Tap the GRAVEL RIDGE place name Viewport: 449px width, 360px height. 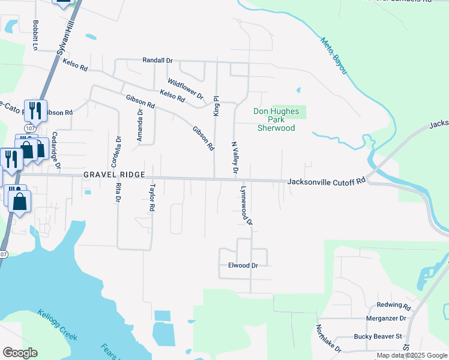(114, 174)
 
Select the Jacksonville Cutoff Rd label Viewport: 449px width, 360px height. (327, 181)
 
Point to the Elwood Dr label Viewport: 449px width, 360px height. (243, 265)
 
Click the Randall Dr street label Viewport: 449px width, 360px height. (157, 61)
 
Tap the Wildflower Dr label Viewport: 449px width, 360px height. (186, 89)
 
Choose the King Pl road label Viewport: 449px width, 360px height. (216, 106)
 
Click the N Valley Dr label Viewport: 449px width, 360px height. (235, 159)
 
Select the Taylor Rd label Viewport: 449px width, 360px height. (152, 197)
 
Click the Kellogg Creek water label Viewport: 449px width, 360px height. (57, 325)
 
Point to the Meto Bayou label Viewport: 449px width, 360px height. (334, 56)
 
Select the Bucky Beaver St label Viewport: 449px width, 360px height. (377, 337)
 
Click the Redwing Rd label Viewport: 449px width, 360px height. (393, 305)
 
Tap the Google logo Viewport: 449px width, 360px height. (19, 352)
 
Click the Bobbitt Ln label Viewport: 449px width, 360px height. (36, 36)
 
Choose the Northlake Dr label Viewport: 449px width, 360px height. (328, 339)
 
